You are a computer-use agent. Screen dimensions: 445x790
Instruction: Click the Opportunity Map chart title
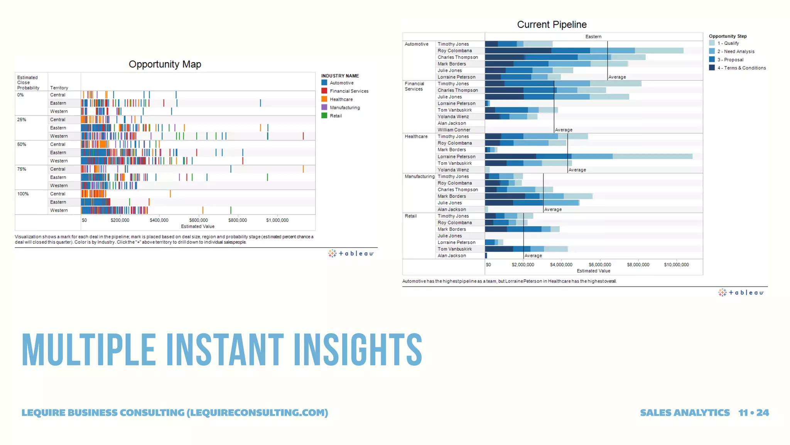coord(165,64)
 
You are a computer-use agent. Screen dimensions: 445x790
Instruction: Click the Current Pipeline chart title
coord(552,24)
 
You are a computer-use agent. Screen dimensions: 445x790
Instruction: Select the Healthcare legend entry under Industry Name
coord(341,99)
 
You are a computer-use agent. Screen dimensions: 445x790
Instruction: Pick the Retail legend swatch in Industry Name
coord(324,115)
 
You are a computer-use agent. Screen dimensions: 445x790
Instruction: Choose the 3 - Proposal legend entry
coord(733,59)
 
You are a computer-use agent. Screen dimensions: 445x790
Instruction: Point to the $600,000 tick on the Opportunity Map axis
coord(198,220)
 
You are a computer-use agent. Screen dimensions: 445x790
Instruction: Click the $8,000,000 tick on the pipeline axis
coord(638,265)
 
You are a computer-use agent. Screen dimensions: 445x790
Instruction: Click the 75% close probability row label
coord(22,169)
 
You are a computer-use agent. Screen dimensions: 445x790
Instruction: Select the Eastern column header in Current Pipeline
coord(593,37)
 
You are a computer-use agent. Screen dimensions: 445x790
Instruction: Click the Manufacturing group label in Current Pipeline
coord(419,177)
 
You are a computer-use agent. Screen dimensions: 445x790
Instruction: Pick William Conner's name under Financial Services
coord(454,130)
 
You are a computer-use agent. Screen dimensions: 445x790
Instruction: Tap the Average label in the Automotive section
coord(617,77)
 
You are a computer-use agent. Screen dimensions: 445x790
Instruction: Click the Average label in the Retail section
coord(533,256)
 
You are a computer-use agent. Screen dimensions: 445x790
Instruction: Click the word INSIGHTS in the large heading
coord(358,350)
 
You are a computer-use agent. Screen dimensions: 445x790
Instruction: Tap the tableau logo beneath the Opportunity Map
coord(351,253)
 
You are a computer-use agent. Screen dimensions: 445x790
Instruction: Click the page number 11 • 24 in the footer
coord(753,413)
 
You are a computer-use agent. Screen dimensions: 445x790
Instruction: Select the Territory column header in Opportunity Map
coord(59,88)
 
